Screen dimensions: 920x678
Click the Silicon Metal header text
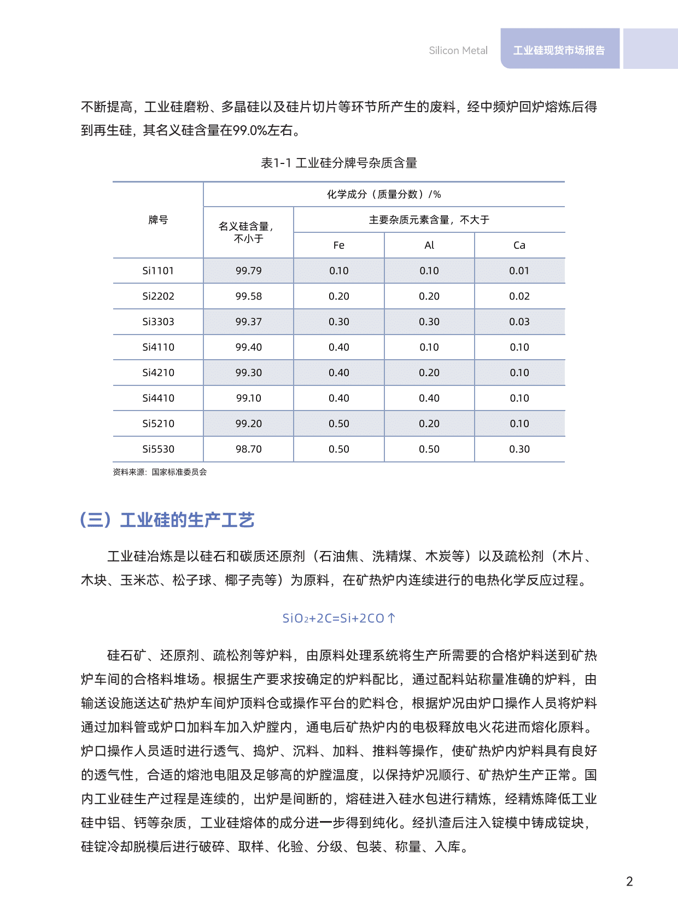pyautogui.click(x=458, y=50)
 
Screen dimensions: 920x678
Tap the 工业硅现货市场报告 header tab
pyautogui.click(x=559, y=50)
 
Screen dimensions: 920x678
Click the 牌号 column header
pyautogui.click(x=158, y=220)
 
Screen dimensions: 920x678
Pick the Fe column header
pyautogui.click(x=339, y=245)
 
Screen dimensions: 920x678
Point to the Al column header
pyautogui.click(x=429, y=245)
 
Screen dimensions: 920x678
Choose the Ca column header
pyautogui.click(x=519, y=245)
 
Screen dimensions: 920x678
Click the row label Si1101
pyautogui.click(x=158, y=271)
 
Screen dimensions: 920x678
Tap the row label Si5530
pyautogui.click(x=158, y=449)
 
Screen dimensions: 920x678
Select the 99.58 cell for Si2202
pyautogui.click(x=249, y=296)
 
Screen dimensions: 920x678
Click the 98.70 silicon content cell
pyautogui.click(x=249, y=449)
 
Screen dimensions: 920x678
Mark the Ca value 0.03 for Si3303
pyautogui.click(x=519, y=322)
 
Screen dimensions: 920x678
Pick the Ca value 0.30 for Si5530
pyautogui.click(x=519, y=449)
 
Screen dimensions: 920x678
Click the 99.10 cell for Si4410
pyautogui.click(x=249, y=398)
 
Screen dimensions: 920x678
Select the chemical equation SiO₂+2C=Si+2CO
pyautogui.click(x=333, y=618)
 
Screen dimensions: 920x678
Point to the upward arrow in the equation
pyautogui.click(x=391, y=618)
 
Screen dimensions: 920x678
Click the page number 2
pyautogui.click(x=629, y=881)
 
